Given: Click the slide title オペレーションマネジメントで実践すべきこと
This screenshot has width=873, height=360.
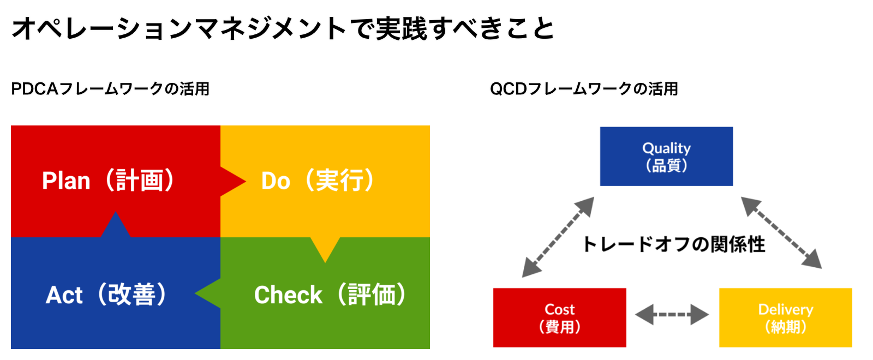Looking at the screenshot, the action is [283, 28].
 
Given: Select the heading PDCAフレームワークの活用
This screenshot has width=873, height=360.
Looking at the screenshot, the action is [110, 89].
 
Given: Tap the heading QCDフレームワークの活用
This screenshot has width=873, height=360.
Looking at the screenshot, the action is [584, 89].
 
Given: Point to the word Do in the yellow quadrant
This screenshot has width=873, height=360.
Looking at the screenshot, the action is [276, 181].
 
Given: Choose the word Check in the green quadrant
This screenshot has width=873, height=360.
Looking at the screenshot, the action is [288, 295].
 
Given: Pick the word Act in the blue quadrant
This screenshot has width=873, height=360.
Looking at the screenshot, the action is [64, 295].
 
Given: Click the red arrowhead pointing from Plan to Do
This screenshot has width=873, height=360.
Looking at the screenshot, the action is [233, 181].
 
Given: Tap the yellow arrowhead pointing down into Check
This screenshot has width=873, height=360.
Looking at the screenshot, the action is [325, 250].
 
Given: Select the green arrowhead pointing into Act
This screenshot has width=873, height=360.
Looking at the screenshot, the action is [208, 293].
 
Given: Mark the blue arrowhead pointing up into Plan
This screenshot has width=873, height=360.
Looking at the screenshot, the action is [115, 224].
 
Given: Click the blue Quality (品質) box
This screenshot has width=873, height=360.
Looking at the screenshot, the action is [666, 156].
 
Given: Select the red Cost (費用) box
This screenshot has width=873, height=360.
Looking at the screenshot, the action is [560, 317].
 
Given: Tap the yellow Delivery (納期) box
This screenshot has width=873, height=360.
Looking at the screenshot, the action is [786, 317].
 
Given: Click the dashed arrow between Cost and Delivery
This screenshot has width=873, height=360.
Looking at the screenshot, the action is [672, 314].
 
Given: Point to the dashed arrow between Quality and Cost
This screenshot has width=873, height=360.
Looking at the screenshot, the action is [558, 237].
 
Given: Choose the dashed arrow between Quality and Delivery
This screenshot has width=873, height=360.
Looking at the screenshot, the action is [781, 232].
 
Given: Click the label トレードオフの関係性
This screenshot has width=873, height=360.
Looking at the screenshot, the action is [673, 244].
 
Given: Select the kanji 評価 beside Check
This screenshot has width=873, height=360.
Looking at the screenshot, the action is [372, 295].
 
